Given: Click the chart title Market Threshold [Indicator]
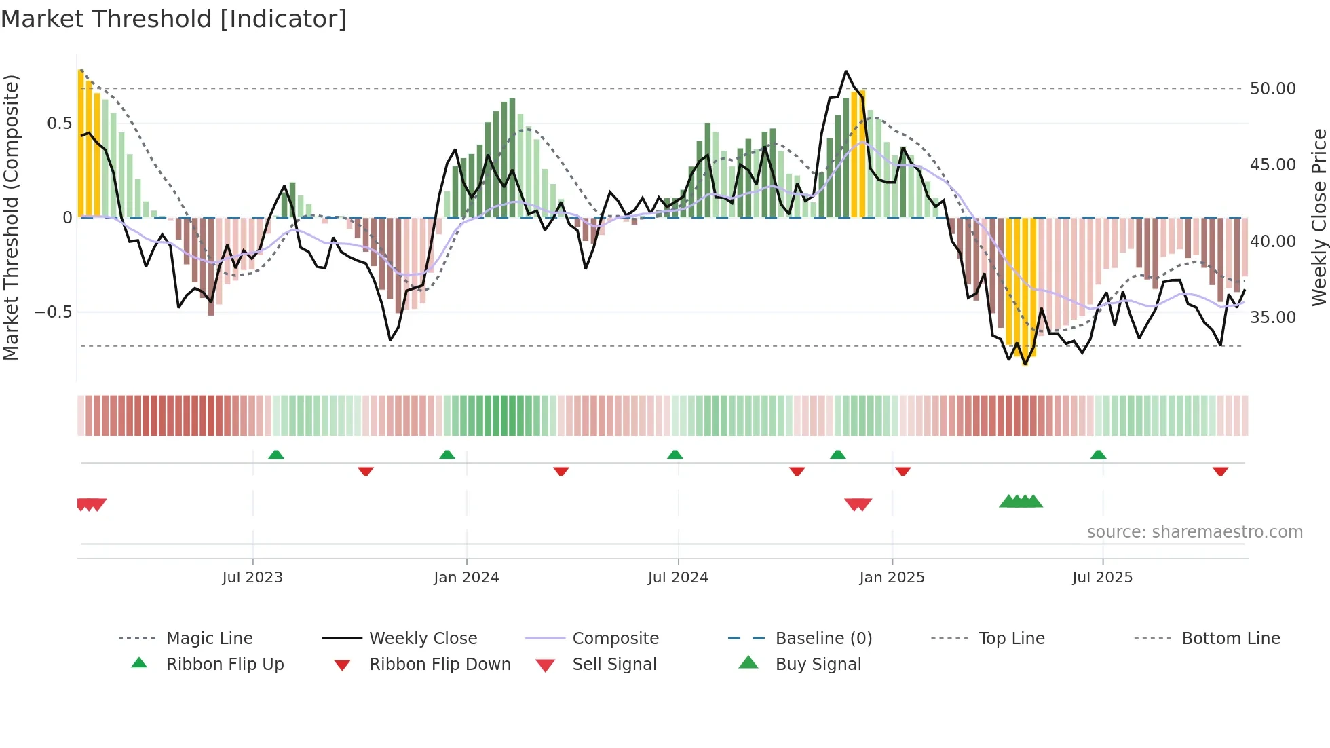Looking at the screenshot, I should point(174,19).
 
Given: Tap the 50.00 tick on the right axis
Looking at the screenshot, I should point(1272,89).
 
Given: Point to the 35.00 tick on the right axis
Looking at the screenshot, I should point(1272,318).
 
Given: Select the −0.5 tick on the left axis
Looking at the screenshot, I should point(53,312).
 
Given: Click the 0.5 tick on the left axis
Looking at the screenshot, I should point(59,124).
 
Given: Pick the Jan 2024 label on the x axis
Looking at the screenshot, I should point(466,578).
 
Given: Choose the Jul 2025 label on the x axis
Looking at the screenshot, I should point(1102,578).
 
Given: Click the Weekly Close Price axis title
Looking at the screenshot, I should point(1318,217).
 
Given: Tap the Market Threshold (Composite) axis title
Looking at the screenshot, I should point(11,217).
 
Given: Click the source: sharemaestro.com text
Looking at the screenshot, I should point(1194,532).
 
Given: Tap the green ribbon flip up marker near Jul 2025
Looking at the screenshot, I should point(1098,455).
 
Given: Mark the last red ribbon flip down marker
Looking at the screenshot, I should point(1220,471).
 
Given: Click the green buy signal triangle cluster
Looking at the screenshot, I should point(1021,502).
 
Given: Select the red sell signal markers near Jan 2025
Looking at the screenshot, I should point(858,504).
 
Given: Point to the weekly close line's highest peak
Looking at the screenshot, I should point(845,71).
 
